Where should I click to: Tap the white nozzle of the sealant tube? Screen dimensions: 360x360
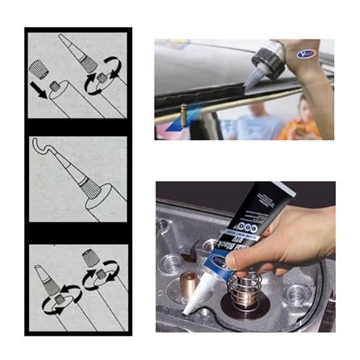tap(197, 294)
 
